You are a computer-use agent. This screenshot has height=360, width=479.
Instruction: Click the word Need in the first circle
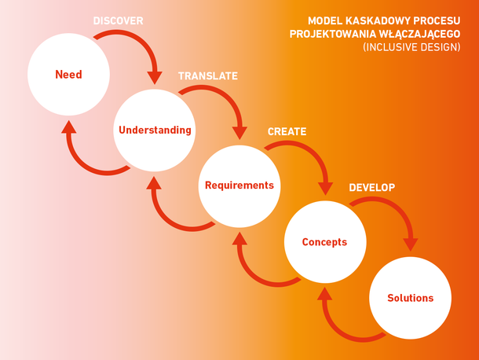pos(68,75)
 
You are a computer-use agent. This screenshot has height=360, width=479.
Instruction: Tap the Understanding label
pos(155,130)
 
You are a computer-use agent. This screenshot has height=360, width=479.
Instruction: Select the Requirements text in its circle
pos(239,186)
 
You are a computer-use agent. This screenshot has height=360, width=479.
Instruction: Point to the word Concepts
pos(324,242)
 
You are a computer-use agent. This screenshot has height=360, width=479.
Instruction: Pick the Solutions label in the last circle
pos(410,298)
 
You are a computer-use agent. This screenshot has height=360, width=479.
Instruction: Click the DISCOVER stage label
pos(119,20)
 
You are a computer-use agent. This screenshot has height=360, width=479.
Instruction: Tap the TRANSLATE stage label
pos(208,76)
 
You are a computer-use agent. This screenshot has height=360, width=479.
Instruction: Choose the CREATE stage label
pos(287,131)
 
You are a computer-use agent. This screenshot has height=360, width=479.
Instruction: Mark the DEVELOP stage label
pos(371,188)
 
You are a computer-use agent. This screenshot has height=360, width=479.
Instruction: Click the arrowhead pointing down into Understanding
pos(155,78)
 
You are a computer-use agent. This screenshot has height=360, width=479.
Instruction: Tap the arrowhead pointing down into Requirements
pos(239,134)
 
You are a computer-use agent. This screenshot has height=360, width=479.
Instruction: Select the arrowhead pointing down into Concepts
pos(325,189)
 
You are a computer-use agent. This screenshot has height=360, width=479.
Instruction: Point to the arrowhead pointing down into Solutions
pos(411,244)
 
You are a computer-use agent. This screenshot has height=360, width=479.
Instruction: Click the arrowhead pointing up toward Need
pos(69,127)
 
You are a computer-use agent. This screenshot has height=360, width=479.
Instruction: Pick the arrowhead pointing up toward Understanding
pos(154,182)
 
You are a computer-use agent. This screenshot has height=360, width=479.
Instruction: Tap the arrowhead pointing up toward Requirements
pos(239,238)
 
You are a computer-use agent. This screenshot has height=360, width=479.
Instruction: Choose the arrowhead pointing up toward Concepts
pos(325,294)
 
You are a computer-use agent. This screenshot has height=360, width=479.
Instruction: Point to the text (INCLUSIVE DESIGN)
pos(411,47)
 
